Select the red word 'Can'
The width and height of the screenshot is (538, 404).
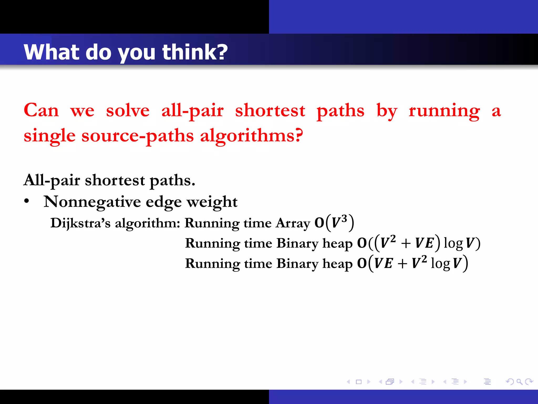click(41, 110)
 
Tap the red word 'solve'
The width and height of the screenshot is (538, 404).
click(128, 110)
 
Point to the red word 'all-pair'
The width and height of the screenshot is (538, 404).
click(192, 111)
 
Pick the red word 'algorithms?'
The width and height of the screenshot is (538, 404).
click(252, 136)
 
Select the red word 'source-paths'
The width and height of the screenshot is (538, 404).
click(137, 136)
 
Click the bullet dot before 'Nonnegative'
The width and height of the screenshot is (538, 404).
click(26, 201)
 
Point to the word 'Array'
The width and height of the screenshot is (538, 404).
click(293, 223)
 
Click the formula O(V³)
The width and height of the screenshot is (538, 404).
click(334, 223)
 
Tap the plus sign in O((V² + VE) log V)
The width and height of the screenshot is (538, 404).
click(406, 243)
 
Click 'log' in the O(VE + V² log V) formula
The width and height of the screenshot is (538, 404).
click(440, 263)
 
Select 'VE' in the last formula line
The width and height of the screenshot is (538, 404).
click(384, 263)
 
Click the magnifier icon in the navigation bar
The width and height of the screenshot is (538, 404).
click(519, 381)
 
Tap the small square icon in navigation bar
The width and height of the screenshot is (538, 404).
click(359, 382)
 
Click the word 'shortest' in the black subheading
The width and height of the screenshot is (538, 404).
click(115, 180)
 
